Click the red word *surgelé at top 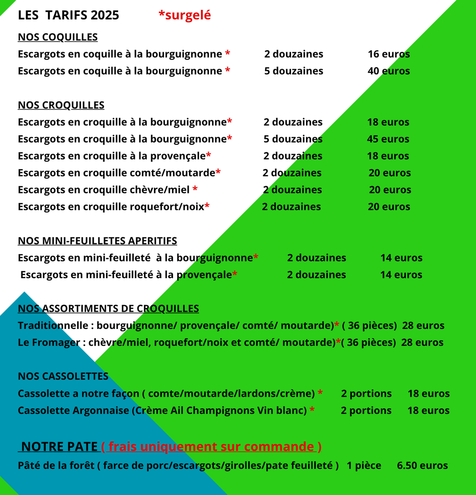(185, 15)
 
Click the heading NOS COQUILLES (58, 37)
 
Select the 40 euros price (389, 71)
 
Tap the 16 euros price (389, 54)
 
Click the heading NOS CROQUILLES (61, 105)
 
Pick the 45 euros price (388, 139)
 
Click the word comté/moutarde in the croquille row (180, 173)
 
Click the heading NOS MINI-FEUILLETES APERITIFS (97, 241)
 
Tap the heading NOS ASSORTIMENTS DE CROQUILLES (108, 308)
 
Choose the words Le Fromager (49, 343)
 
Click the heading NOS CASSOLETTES (63, 376)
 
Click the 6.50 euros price (422, 466)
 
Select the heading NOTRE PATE (59, 447)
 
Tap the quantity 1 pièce (364, 466)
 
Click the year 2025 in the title (105, 15)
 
